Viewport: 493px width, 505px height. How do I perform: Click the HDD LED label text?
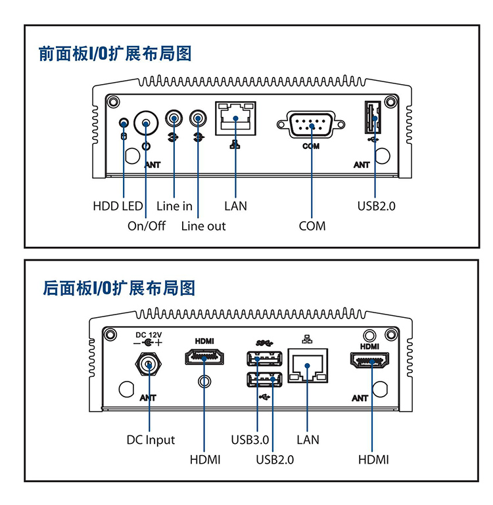(x=118, y=206)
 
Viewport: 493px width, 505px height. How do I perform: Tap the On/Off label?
(x=146, y=227)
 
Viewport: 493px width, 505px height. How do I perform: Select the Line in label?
(x=174, y=206)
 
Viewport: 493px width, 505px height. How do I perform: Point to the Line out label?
(x=203, y=227)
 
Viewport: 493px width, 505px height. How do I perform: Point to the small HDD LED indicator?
(x=123, y=123)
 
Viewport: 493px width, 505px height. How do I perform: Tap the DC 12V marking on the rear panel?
(x=148, y=335)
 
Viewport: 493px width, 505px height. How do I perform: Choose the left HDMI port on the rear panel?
(x=205, y=359)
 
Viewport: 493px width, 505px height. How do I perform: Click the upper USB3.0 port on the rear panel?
(x=265, y=359)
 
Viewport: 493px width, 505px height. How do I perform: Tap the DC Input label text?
(x=151, y=439)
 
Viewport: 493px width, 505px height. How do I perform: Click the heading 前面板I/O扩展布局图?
(x=115, y=54)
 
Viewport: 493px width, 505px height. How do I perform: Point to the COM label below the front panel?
(x=312, y=227)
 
